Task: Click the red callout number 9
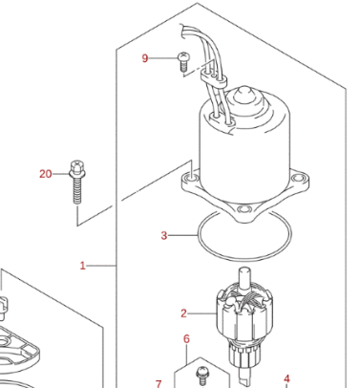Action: (145, 58)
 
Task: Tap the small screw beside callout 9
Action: (182, 62)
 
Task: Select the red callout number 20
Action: (46, 174)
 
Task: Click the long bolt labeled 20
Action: (77, 182)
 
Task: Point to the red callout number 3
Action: (164, 235)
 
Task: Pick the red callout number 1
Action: (83, 266)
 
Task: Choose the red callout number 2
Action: (183, 313)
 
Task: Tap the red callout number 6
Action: (187, 339)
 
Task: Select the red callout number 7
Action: (159, 383)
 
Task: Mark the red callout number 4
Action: (286, 378)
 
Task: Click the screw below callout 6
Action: (201, 376)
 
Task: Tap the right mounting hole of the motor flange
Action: (299, 177)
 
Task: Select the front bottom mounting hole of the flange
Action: (244, 209)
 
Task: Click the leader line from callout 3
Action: (182, 235)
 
